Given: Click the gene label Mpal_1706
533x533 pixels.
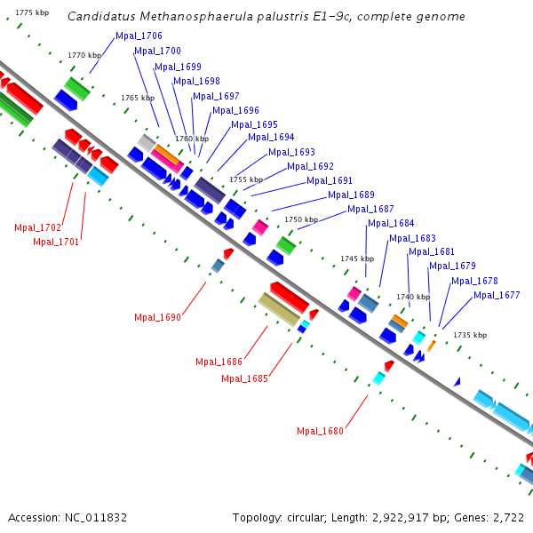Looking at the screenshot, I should tap(139, 36).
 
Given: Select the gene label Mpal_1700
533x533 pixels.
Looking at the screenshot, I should tap(157, 52).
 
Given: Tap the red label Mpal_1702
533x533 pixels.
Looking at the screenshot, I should tap(37, 228).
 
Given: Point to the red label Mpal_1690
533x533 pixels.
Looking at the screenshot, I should tap(157, 317).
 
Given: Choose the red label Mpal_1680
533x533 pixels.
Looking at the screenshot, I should tap(320, 432).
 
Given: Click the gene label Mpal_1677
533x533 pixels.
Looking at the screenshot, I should tap(497, 296).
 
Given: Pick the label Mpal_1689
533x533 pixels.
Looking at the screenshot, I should tap(351, 195).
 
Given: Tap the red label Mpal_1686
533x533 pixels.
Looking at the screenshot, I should tap(219, 362).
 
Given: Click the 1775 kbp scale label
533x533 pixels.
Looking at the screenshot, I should tap(33, 12).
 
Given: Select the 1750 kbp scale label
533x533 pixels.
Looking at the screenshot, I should tap(301, 219).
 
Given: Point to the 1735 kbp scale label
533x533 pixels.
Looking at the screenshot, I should tap(470, 336).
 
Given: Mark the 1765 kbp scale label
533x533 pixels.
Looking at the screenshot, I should tap(138, 98).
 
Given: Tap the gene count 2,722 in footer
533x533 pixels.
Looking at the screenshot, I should tap(505, 517).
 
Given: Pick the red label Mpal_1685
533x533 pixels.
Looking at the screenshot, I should tap(244, 378).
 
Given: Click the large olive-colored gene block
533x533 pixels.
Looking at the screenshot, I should tap(279, 309).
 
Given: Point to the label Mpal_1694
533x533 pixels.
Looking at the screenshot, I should tap(271, 138).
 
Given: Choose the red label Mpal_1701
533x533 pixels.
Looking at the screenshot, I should tap(56, 242).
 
